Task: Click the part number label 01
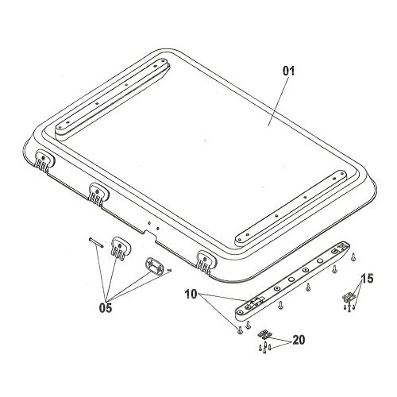(x=288, y=71)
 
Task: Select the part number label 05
(x=106, y=307)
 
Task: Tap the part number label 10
(x=191, y=294)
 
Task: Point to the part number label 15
(x=368, y=279)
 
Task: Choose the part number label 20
(x=299, y=340)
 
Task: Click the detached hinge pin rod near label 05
(x=95, y=242)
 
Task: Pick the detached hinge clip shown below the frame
(x=121, y=248)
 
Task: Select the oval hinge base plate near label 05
(x=154, y=266)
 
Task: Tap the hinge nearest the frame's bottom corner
(x=207, y=262)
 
